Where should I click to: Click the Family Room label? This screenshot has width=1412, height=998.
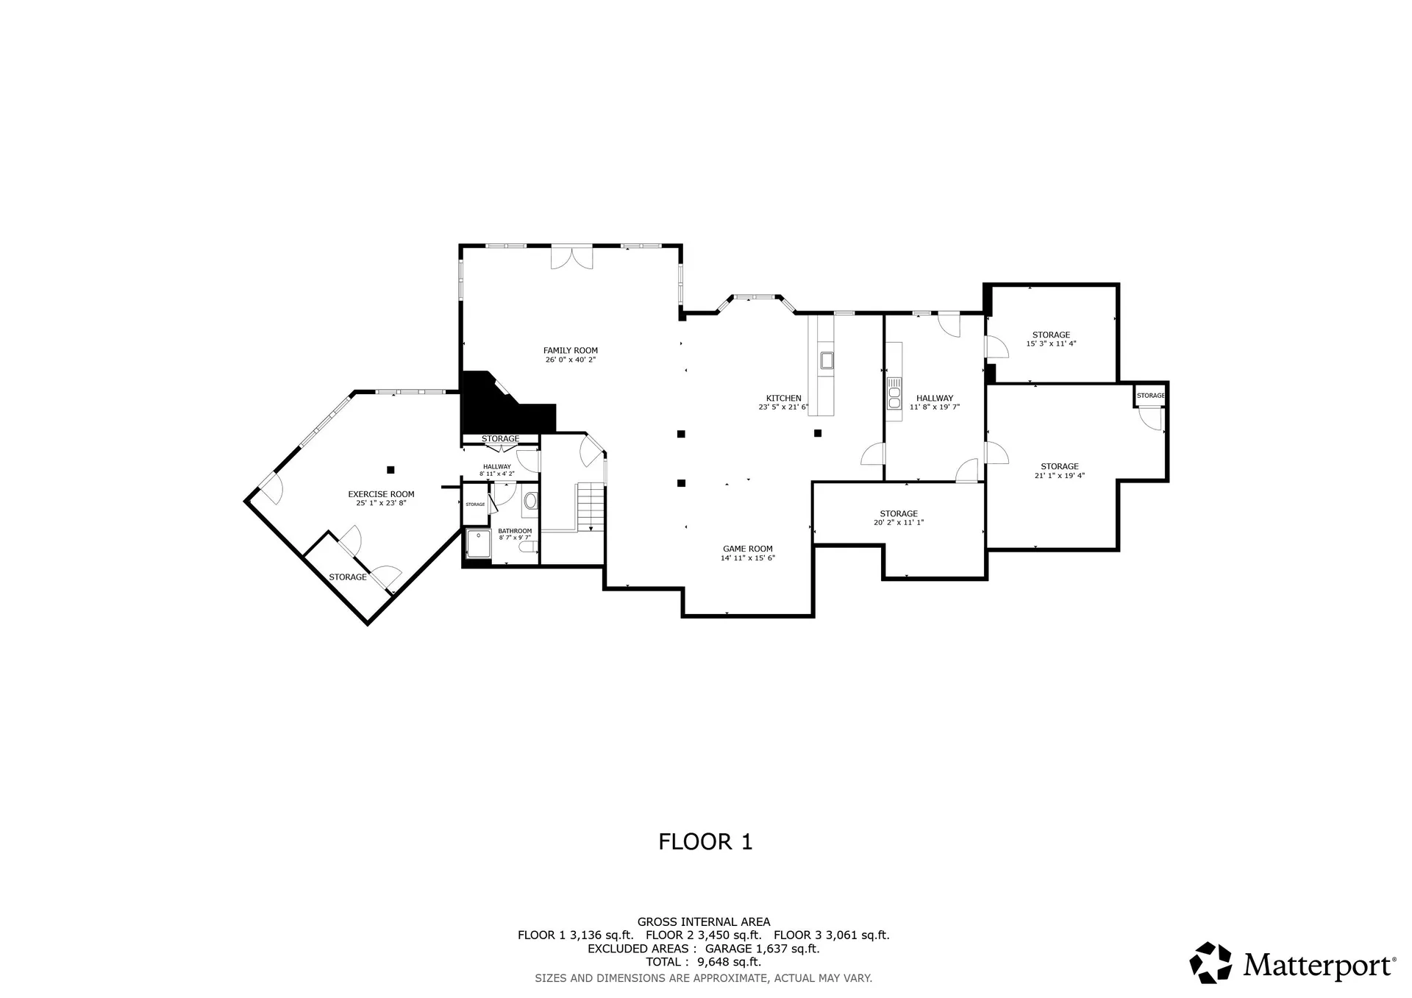(x=570, y=351)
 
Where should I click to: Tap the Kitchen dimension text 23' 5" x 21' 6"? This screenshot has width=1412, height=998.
(x=782, y=407)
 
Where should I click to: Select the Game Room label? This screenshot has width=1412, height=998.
(x=747, y=549)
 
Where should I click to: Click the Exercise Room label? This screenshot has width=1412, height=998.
(x=381, y=494)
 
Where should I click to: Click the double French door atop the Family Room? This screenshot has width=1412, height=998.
(x=572, y=257)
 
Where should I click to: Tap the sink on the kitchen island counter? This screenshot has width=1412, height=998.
(x=827, y=360)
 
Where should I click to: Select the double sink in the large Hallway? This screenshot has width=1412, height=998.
(x=894, y=393)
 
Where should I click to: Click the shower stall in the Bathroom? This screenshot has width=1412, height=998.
(x=478, y=544)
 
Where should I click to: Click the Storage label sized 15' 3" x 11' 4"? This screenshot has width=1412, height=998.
(x=1051, y=335)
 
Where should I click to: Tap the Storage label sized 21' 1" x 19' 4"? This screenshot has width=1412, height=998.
(x=1059, y=466)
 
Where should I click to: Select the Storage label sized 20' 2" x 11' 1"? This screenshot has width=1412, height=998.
(x=898, y=514)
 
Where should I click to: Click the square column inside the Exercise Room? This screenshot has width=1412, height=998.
(x=391, y=469)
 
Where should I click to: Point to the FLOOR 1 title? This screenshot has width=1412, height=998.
(x=705, y=842)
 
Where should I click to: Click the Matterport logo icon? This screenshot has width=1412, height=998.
(x=1210, y=962)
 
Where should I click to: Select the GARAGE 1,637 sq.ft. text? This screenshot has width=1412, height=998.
(x=762, y=949)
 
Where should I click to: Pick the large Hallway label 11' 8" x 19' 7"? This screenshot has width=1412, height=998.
(x=934, y=398)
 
